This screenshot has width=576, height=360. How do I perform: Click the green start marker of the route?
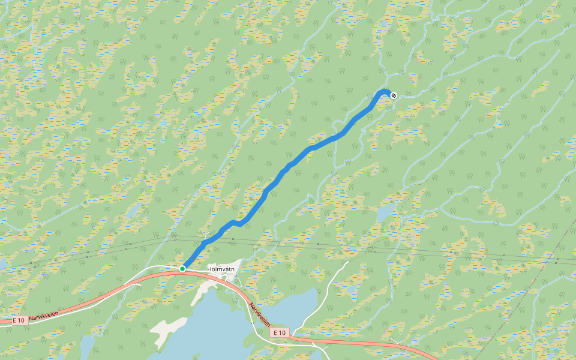coord(182,269)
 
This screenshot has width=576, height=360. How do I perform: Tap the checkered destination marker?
coord(394,95)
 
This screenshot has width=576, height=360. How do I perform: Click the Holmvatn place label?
coord(221,269)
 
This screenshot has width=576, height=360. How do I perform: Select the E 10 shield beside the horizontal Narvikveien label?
coord(21,321)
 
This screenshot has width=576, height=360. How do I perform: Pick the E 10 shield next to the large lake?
coord(280,332)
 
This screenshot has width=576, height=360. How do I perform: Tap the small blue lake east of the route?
coord(387,212)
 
